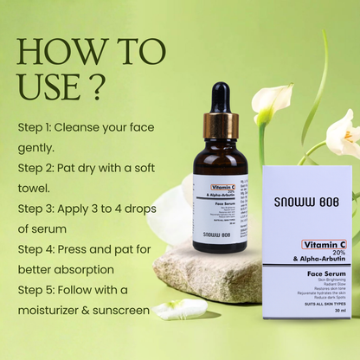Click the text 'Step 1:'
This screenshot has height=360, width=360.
pyautogui.click(x=37, y=126)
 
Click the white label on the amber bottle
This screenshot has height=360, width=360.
pyautogui.click(x=220, y=208)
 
